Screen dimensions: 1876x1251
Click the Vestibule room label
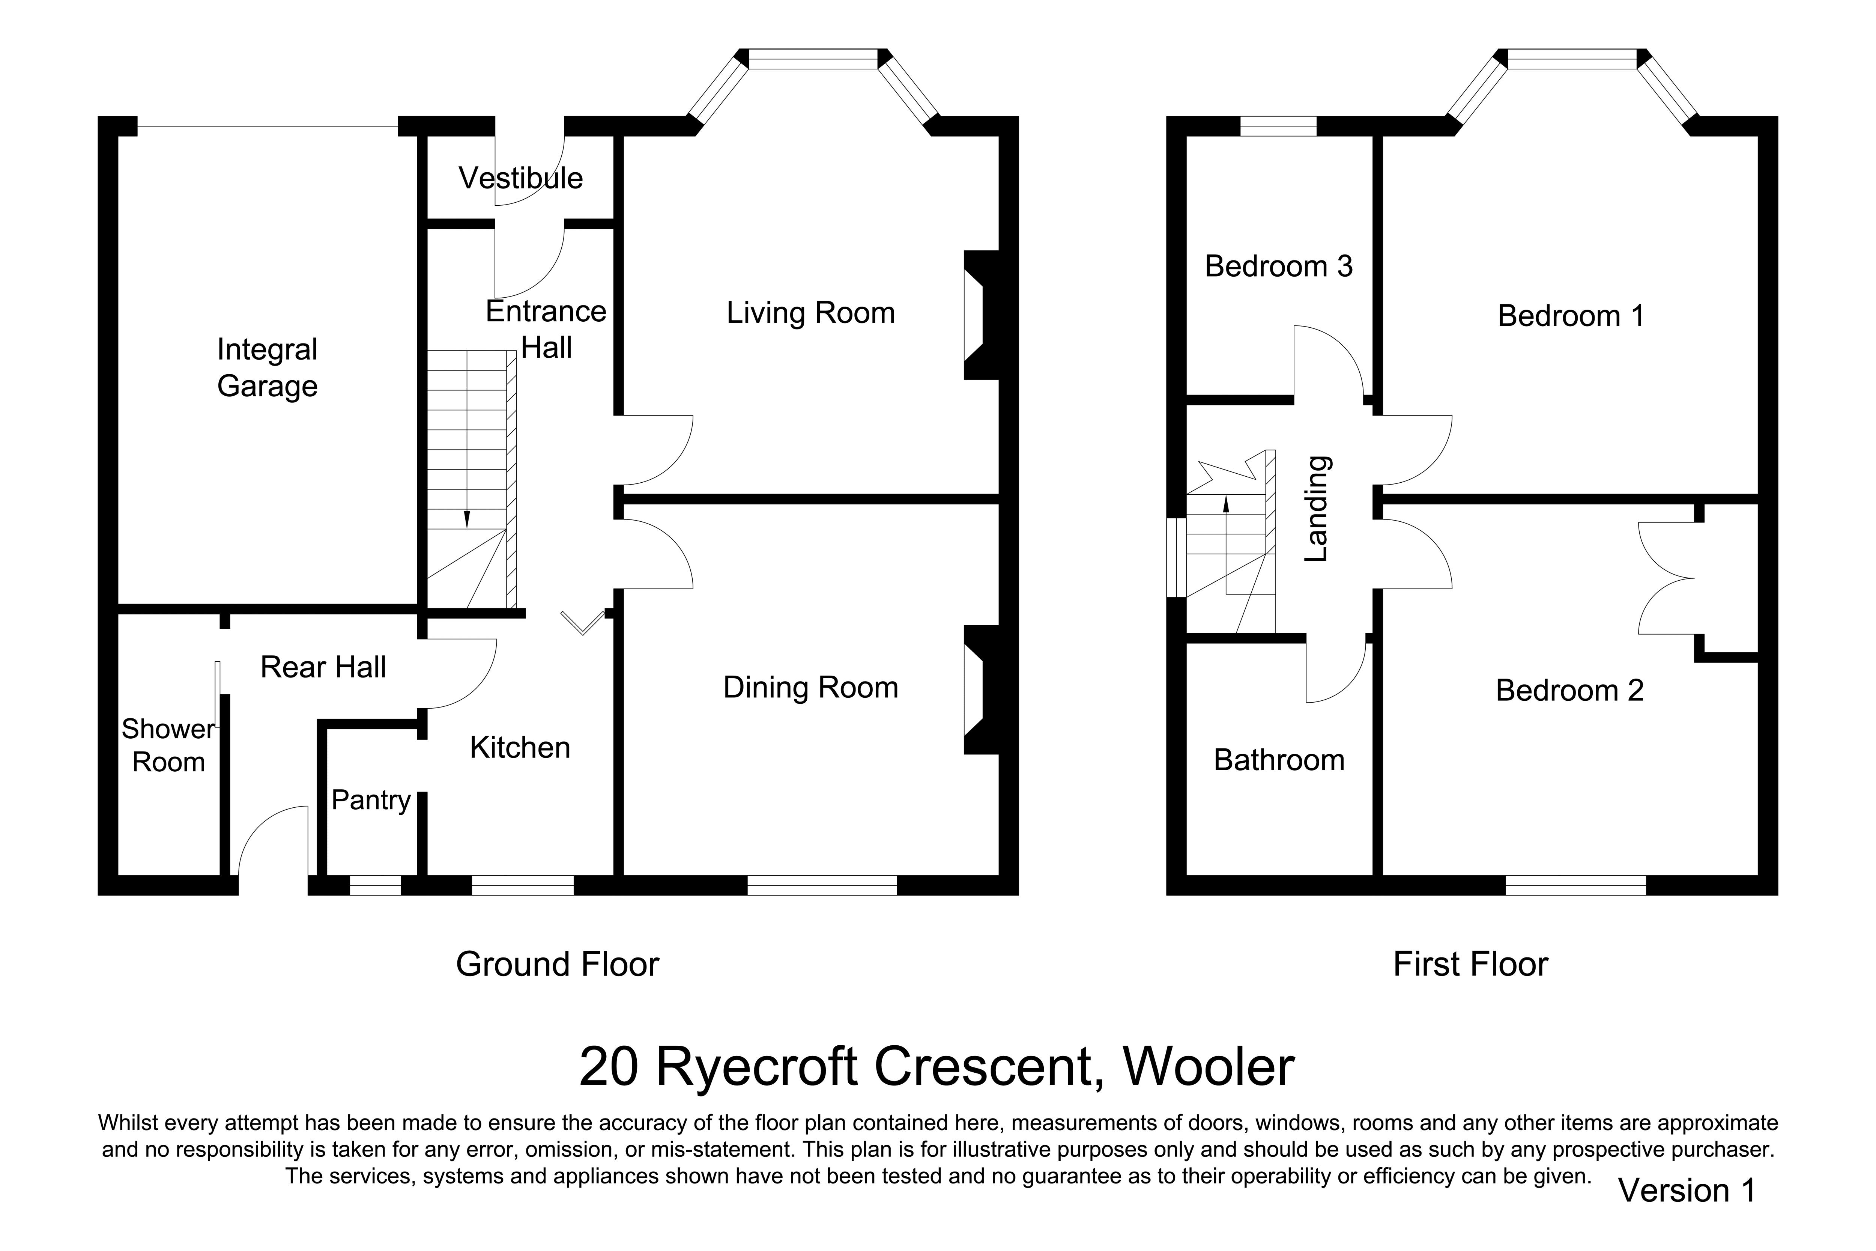pyautogui.click(x=521, y=178)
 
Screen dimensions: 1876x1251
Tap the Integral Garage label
pyautogui.click(x=267, y=368)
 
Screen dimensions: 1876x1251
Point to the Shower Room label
pyautogui.click(x=168, y=745)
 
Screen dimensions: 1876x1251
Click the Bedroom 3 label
pyautogui.click(x=1279, y=266)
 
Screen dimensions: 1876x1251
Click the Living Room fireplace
pyautogui.click(x=981, y=315)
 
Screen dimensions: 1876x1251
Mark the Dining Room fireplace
pyautogui.click(x=981, y=689)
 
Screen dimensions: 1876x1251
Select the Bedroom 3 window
pyautogui.click(x=1278, y=126)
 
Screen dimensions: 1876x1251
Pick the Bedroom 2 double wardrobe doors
pyautogui.click(x=1666, y=578)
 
